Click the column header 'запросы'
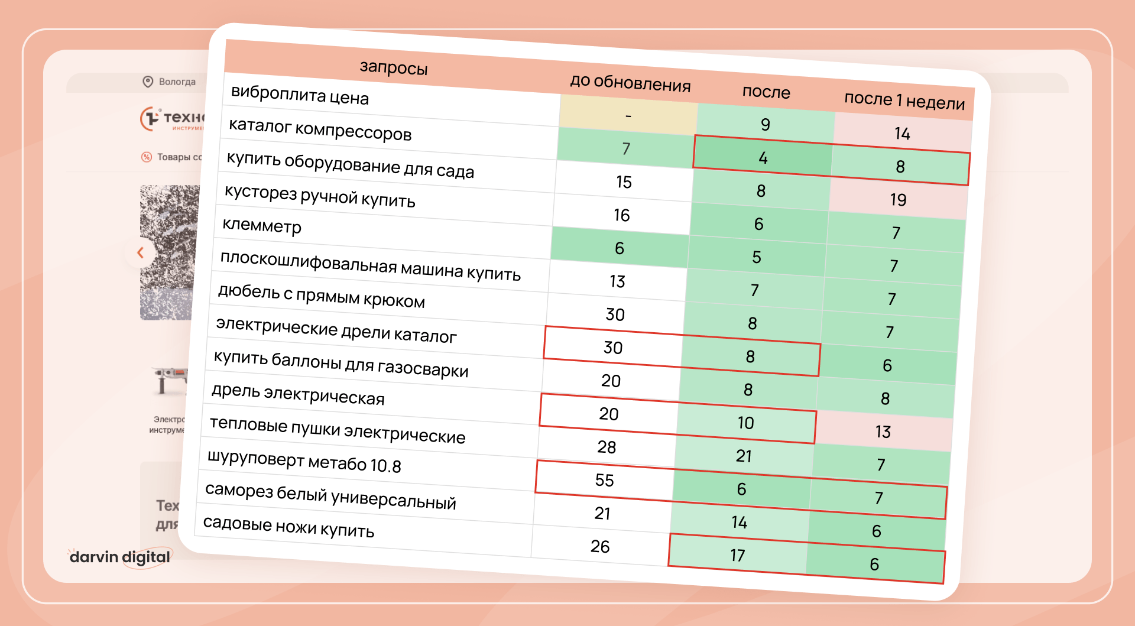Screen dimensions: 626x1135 pos(394,68)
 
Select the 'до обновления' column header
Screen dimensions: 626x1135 pos(630,83)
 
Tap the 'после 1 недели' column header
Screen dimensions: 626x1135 pos(904,100)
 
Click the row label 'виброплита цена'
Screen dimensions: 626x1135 pos(300,95)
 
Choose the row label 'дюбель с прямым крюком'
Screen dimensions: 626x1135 pos(321,296)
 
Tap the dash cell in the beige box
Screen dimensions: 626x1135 pos(628,116)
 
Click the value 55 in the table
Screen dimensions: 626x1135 pos(605,480)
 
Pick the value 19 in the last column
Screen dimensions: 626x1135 pos(898,200)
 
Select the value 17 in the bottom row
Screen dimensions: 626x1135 pos(737,556)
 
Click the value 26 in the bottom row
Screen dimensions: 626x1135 pos(600,546)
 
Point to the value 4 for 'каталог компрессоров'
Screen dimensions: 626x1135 pos(763,158)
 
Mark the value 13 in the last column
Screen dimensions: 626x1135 pos(883,432)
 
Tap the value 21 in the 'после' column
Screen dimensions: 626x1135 pos(744,456)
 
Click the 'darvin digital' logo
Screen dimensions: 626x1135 pos(120,557)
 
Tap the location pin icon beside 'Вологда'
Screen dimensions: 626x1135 pos(148,82)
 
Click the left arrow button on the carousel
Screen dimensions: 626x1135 pos(140,252)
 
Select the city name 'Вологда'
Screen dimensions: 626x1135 pos(177,82)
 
